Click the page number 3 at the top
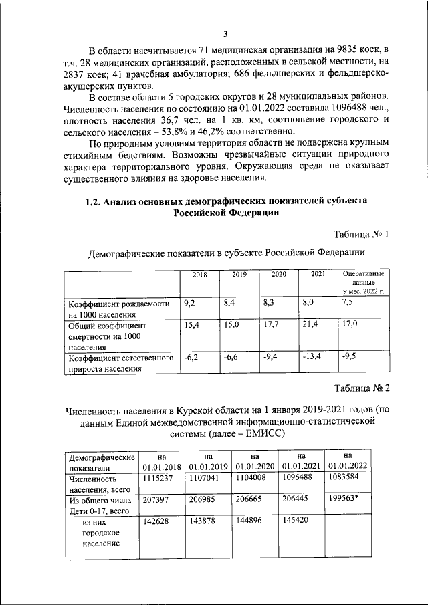coord(225,34)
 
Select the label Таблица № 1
coord(360,234)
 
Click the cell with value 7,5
coord(348,303)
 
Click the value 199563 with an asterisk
coord(348,499)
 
